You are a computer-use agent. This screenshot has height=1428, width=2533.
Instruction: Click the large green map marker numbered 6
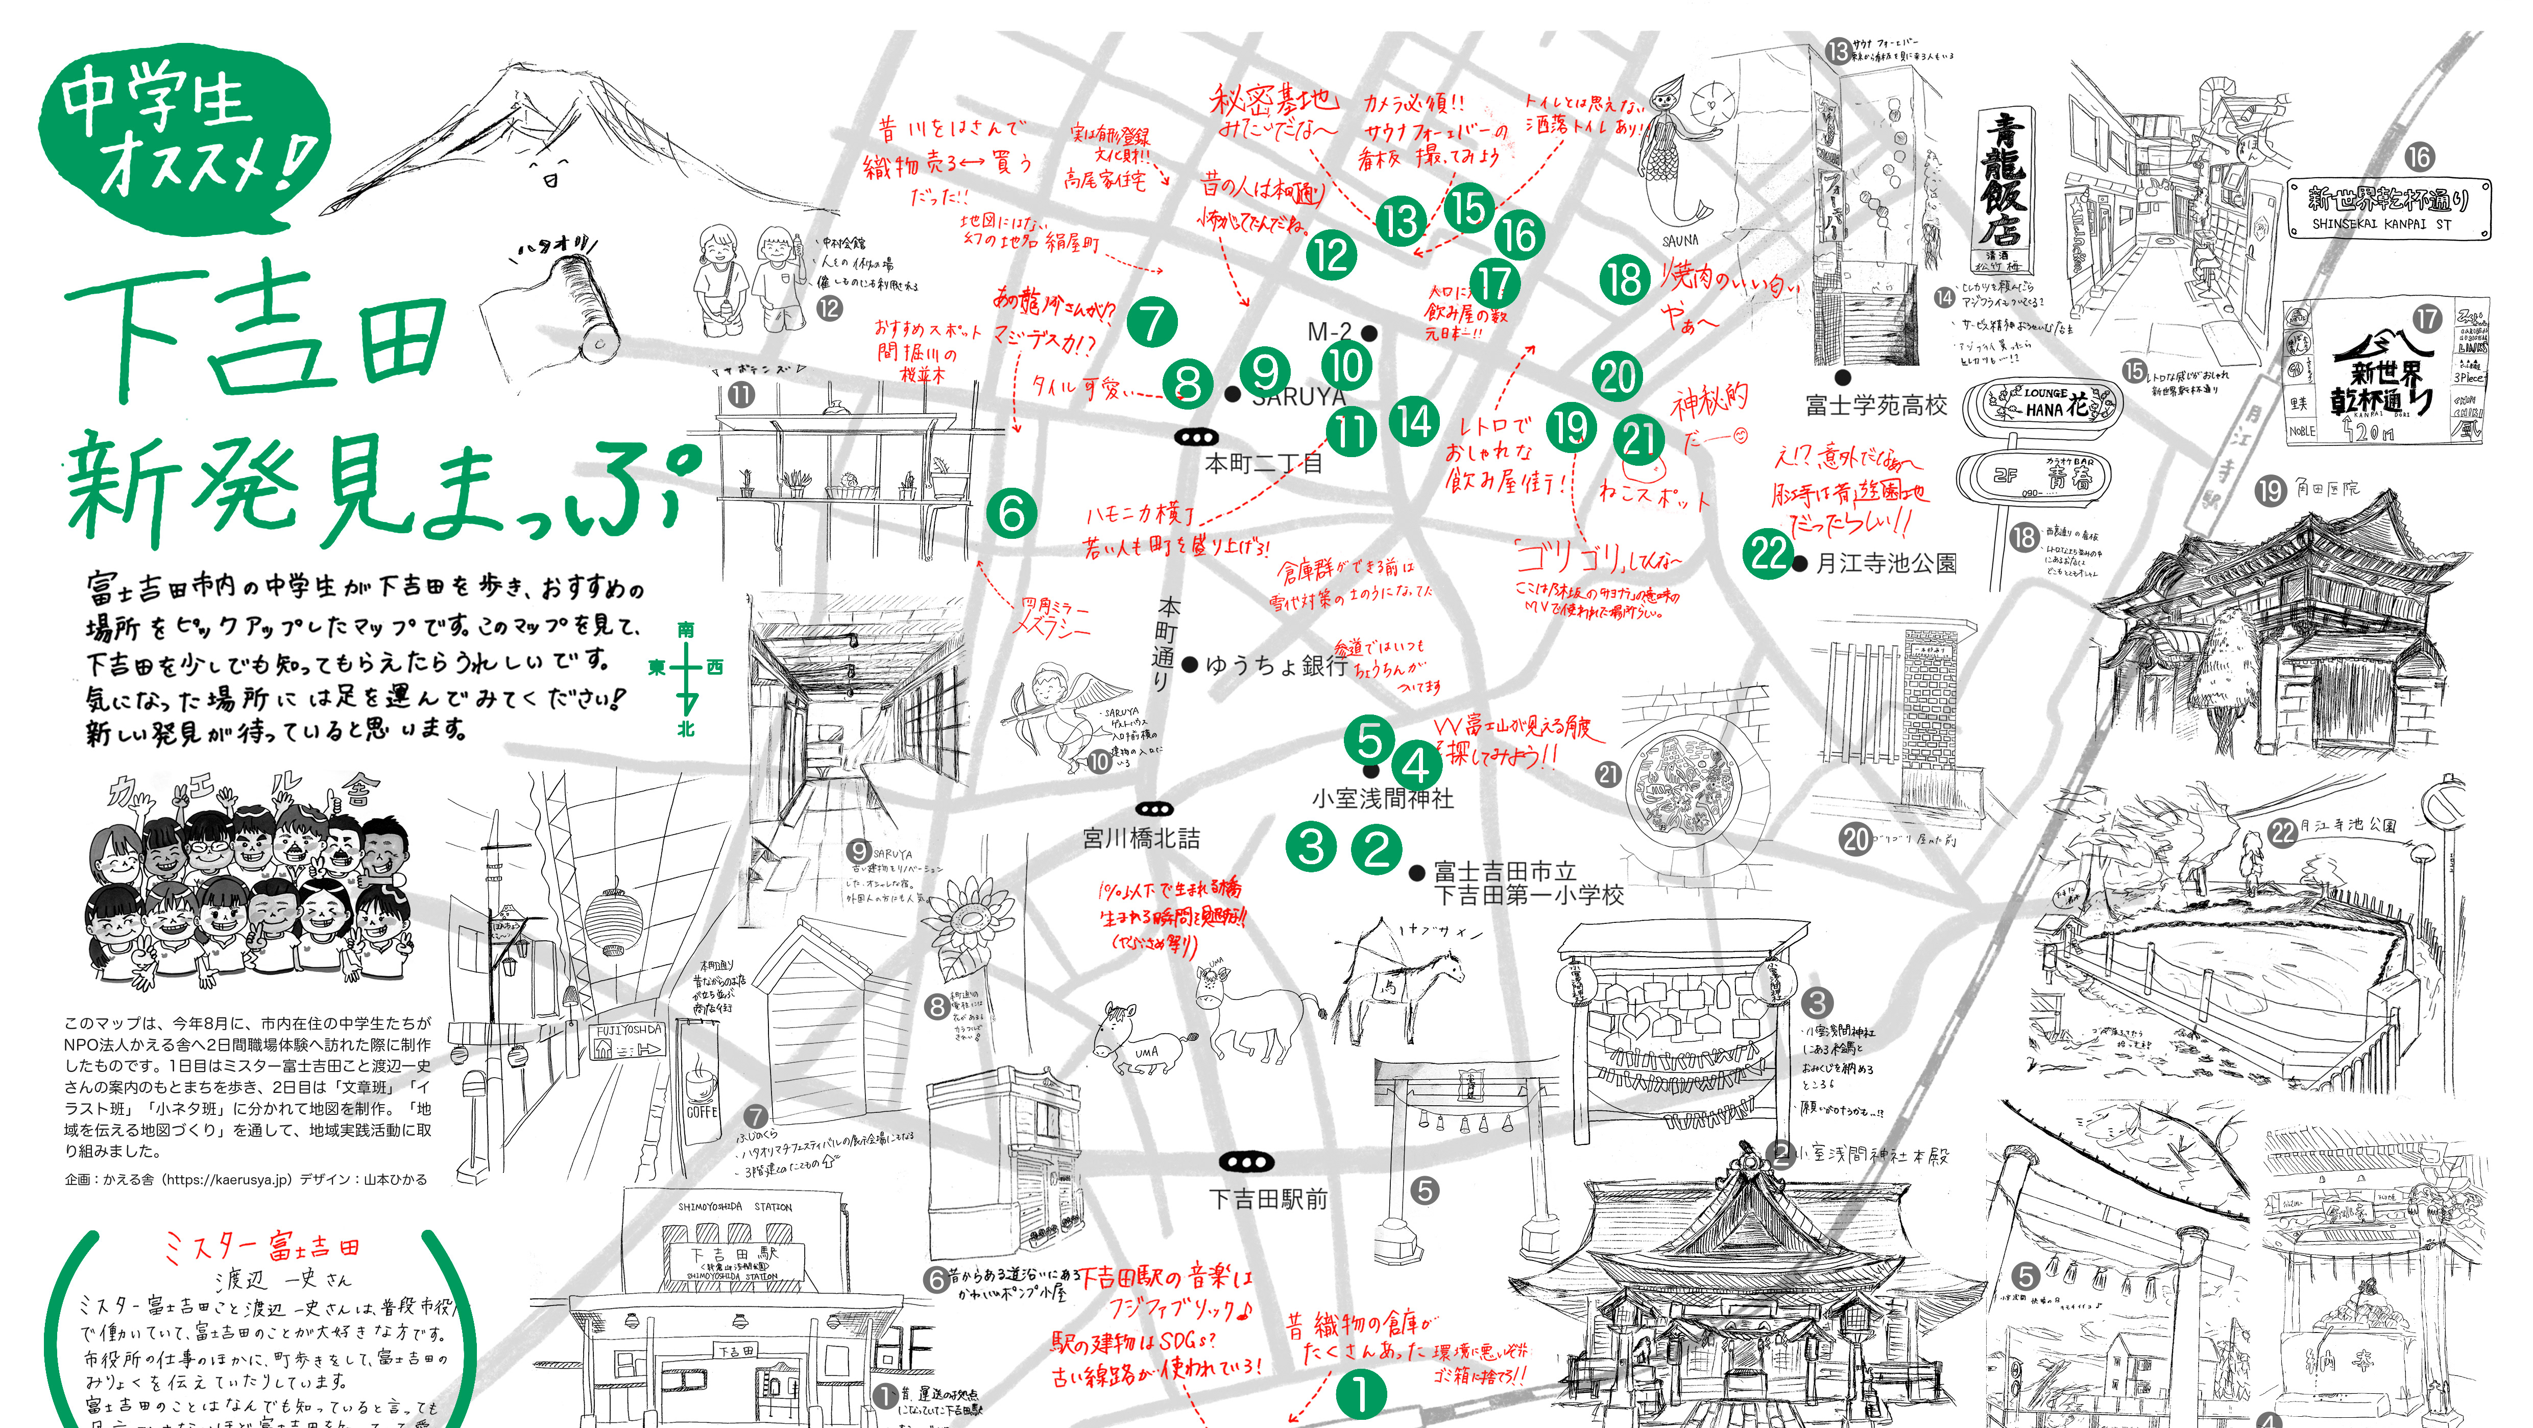pos(1012,513)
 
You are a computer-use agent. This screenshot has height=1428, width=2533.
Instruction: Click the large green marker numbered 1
pos(1361,1394)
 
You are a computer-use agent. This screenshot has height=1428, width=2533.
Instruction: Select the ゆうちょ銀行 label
pos(1275,666)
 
